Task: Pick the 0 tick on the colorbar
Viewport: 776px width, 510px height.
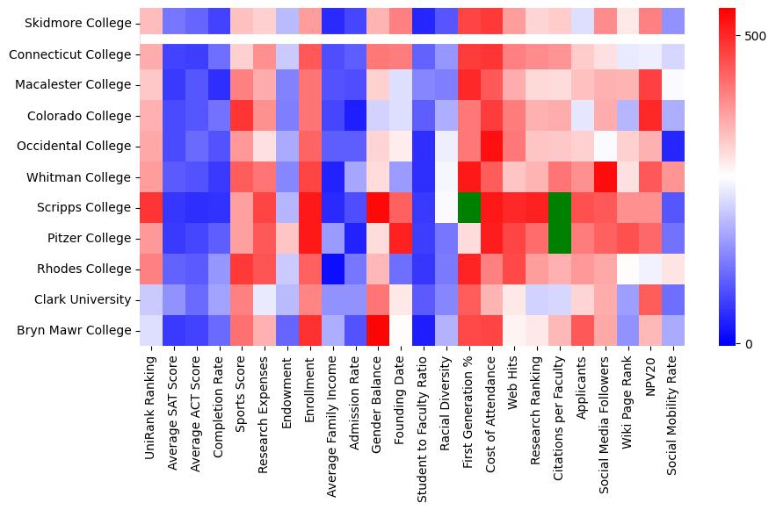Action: pos(748,343)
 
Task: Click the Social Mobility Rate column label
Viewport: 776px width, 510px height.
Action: pos(673,413)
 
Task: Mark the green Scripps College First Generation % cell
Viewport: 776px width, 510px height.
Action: pos(468,208)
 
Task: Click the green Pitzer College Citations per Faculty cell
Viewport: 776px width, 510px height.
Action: pos(559,238)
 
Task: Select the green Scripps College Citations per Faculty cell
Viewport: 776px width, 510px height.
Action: pos(559,208)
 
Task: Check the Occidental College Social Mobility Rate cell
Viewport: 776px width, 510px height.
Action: pos(673,147)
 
